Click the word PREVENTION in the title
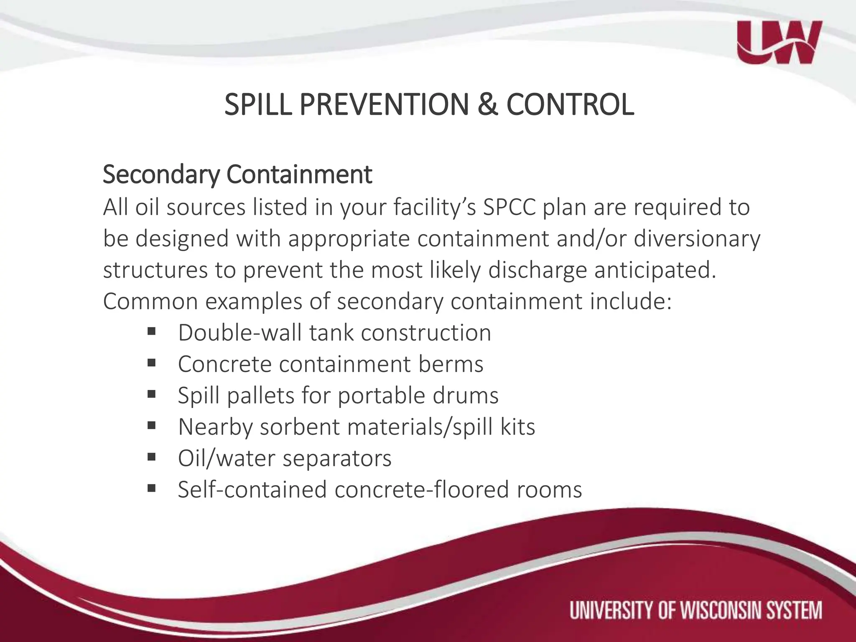(x=384, y=104)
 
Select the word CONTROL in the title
(x=570, y=104)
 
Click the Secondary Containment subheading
(x=237, y=175)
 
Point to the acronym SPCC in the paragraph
(x=509, y=207)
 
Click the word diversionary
(x=697, y=239)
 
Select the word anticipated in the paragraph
(x=655, y=270)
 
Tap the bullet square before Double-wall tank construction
(x=151, y=332)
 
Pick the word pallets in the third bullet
(x=261, y=395)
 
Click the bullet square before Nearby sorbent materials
(x=151, y=426)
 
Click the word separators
(x=337, y=458)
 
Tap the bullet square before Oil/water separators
(x=151, y=457)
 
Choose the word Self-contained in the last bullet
(x=252, y=489)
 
